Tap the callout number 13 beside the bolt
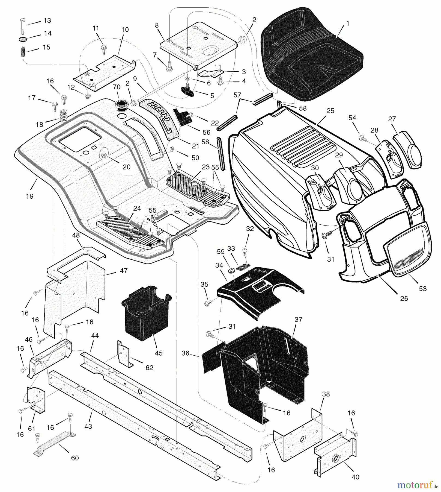tap(47, 20)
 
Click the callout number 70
tap(117, 87)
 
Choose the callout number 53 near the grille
tap(423, 288)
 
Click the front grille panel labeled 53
tap(407, 251)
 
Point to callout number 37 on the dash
tap(299, 319)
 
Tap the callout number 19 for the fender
tap(30, 196)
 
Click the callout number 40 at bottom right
tap(355, 477)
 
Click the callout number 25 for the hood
tap(330, 111)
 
